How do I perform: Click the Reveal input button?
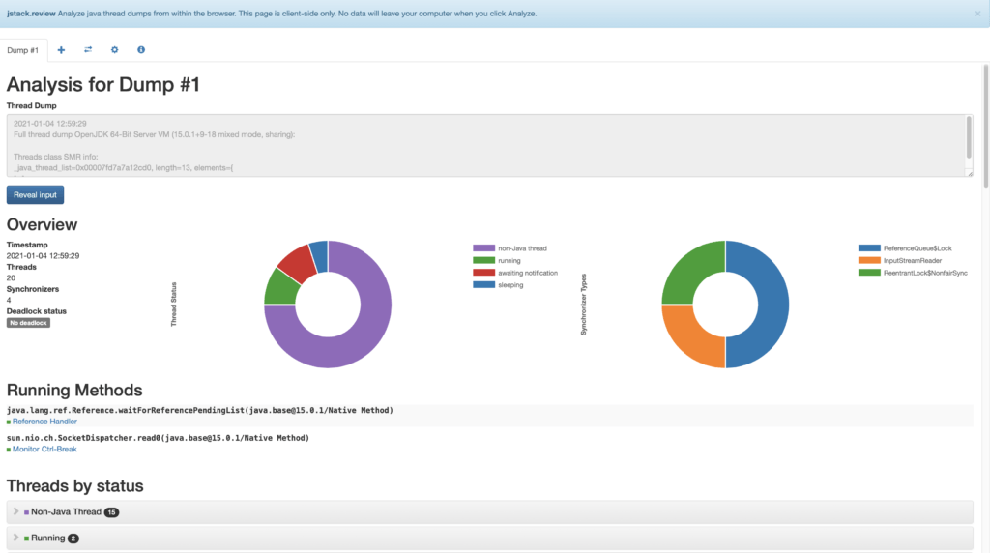coord(35,194)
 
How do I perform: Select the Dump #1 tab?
coord(22,49)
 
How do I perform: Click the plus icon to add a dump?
coord(61,49)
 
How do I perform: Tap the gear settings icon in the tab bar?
coord(114,49)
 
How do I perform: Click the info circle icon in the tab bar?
coord(141,49)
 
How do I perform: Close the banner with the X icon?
coord(977,14)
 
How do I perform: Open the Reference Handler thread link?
coord(44,422)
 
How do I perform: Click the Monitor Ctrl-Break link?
coord(44,449)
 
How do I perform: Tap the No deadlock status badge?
coord(28,322)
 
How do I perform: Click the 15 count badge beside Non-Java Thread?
coord(111,511)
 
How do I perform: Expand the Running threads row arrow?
coord(15,538)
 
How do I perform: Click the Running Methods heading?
coord(74,391)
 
